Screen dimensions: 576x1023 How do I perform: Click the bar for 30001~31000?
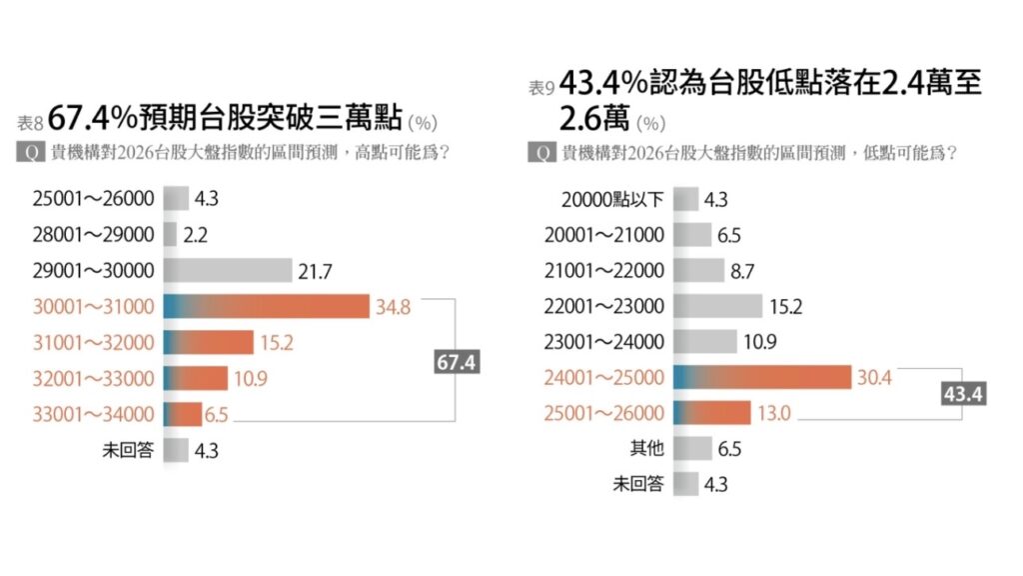267,306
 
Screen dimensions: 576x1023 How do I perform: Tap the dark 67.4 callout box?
456,363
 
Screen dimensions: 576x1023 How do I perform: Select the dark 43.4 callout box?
964,394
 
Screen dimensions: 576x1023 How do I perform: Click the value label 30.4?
875,377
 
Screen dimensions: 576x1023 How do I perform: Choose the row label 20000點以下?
613,198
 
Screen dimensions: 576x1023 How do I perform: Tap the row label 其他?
646,449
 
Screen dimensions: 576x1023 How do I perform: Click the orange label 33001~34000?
95,414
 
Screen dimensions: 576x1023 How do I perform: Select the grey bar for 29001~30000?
226,270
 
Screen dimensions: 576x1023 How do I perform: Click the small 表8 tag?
30,123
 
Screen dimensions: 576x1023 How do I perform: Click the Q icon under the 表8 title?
31,155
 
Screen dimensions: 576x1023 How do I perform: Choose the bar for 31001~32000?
208,342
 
